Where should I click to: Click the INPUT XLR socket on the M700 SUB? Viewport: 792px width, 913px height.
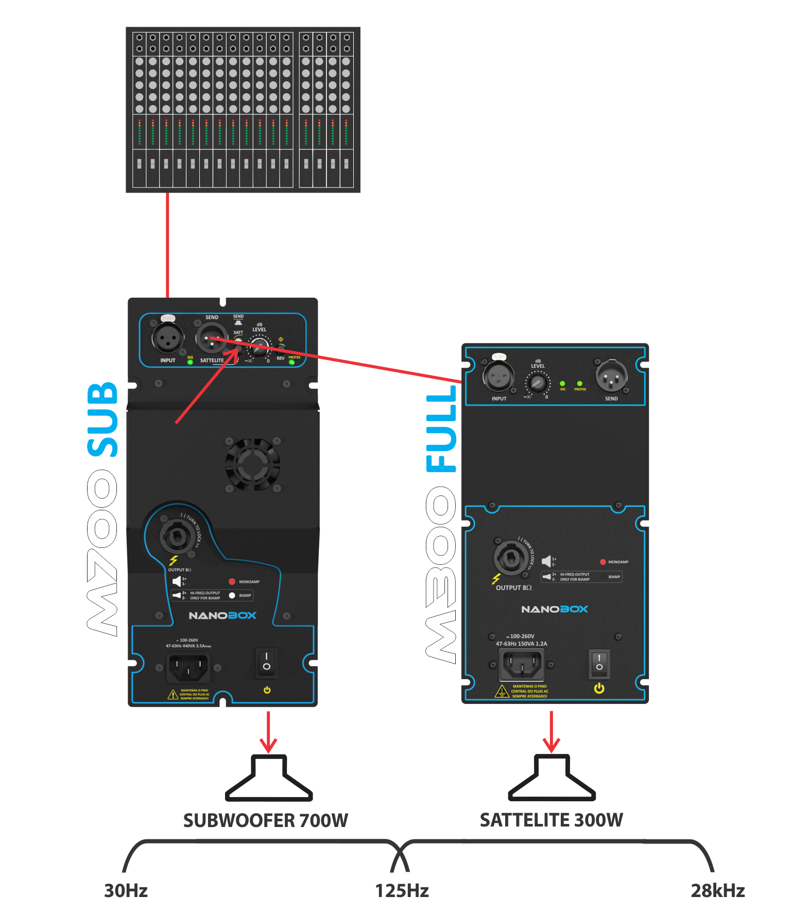(x=167, y=338)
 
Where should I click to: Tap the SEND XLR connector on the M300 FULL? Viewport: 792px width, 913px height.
(x=611, y=376)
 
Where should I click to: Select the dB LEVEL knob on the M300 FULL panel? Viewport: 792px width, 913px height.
(x=538, y=383)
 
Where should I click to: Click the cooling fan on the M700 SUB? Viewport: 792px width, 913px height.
(x=252, y=464)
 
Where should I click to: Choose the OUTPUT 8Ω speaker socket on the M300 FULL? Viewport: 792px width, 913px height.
(x=510, y=558)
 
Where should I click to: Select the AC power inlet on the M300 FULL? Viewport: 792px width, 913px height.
(x=521, y=664)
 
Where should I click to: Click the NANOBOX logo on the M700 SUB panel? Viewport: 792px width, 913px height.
(x=222, y=615)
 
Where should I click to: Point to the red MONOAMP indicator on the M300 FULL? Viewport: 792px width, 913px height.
(x=602, y=562)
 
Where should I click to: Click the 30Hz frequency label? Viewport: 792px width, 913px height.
(x=126, y=890)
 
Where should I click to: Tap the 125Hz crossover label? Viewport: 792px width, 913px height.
(x=402, y=890)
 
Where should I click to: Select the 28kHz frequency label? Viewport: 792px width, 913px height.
(x=717, y=890)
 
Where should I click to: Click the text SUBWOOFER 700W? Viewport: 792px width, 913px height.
(x=266, y=820)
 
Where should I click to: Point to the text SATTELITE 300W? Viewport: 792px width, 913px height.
(x=551, y=820)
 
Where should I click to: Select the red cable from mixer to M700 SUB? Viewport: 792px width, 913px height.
(x=168, y=245)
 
